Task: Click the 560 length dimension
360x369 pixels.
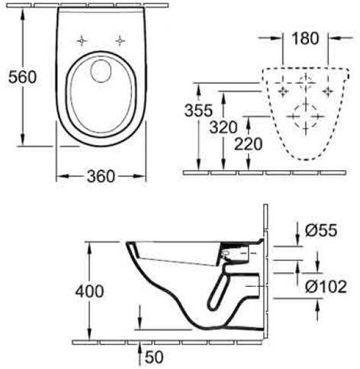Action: (22, 77)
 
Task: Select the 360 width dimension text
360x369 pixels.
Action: (101, 176)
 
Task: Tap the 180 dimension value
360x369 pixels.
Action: (305, 39)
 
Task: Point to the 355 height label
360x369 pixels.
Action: (198, 111)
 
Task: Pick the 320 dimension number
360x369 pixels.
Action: (223, 127)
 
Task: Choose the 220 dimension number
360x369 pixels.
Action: (248, 144)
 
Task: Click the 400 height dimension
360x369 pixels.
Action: (89, 291)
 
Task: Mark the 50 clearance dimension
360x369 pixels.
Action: (154, 357)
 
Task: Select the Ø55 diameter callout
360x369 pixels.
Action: (321, 230)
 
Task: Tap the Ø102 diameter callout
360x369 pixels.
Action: (326, 287)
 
